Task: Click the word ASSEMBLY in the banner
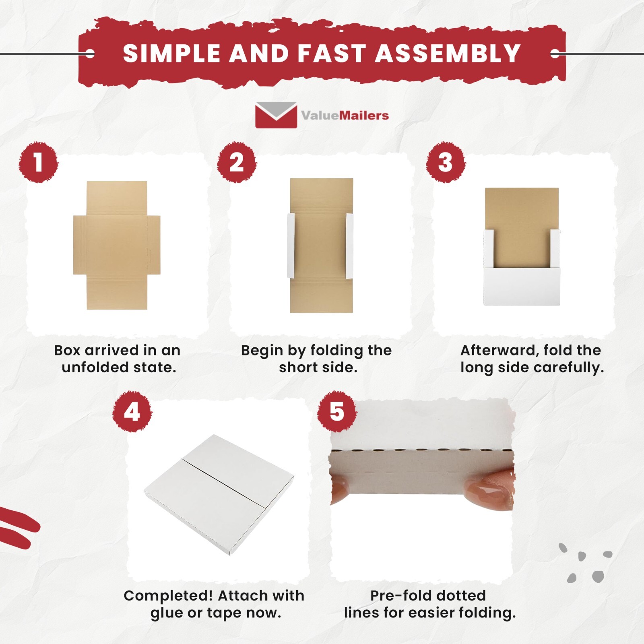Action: (448, 54)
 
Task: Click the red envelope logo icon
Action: (276, 115)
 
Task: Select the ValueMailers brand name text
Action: (345, 116)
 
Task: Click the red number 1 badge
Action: (39, 162)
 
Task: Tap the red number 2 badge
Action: (237, 162)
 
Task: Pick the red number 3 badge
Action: (445, 162)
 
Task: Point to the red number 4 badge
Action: (132, 412)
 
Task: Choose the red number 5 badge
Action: (337, 412)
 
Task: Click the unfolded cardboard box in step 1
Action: (117, 245)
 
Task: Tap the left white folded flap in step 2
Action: (291, 245)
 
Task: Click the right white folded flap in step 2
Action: (349, 245)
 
